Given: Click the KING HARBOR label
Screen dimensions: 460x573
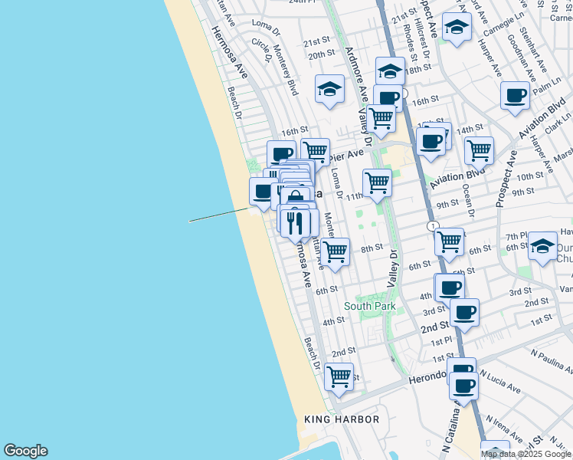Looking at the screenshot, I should coord(342,419).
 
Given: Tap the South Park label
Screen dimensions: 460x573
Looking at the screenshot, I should coord(370,306).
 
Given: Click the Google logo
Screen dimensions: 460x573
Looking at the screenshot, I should coord(25,451).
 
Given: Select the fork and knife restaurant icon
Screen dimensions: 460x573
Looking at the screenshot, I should coord(295,222).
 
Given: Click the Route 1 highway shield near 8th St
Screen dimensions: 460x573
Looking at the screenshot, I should coord(434,225).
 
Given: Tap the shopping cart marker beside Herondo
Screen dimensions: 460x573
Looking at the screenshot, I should coord(339,377).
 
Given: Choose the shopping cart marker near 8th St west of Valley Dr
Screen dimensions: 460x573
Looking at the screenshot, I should coord(335,251).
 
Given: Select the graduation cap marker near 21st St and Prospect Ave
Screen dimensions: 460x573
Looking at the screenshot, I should coord(457,28).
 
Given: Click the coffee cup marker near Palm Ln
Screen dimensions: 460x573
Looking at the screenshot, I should coord(515,96).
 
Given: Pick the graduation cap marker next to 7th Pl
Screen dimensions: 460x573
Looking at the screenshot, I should coord(542,246).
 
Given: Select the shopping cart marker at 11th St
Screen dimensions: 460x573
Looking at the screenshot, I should coord(377,183).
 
